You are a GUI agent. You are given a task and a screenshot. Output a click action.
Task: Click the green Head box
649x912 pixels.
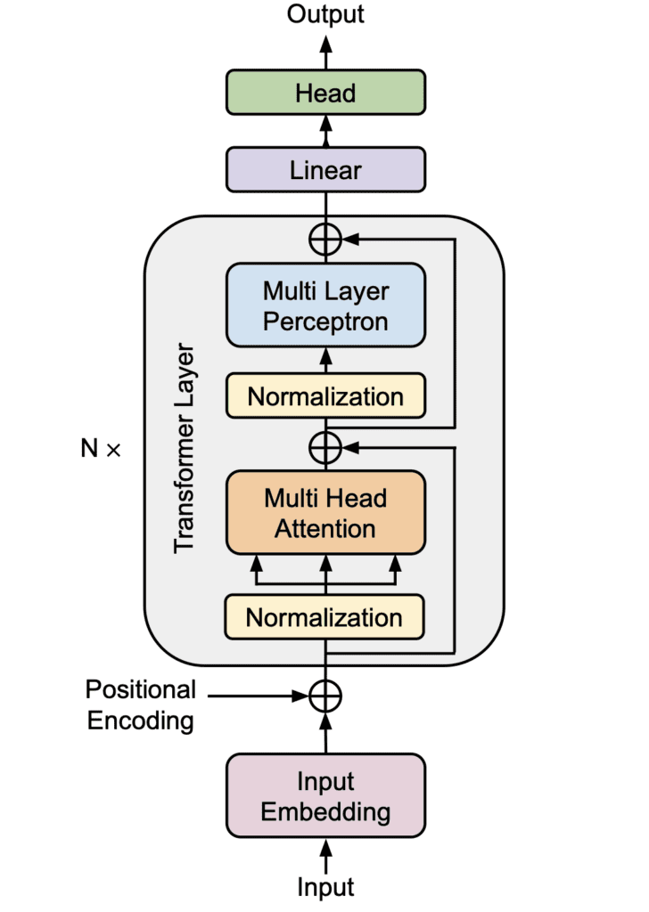[325, 93]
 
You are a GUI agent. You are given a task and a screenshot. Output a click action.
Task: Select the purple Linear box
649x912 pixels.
[325, 169]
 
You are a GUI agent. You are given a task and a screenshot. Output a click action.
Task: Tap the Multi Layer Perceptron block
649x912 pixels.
[325, 305]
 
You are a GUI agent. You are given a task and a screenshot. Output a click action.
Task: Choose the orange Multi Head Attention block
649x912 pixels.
[325, 513]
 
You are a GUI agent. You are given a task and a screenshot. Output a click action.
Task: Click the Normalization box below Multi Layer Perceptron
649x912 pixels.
[325, 396]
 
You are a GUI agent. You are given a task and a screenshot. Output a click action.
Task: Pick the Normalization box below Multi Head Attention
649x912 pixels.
[325, 617]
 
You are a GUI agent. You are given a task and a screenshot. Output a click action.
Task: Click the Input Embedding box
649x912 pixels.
[325, 797]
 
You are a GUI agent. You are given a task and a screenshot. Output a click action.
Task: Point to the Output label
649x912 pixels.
[325, 14]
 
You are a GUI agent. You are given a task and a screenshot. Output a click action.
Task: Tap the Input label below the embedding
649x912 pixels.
[325, 887]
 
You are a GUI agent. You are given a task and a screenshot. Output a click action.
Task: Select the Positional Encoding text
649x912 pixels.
[140, 704]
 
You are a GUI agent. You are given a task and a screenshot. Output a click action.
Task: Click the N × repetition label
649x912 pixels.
[100, 449]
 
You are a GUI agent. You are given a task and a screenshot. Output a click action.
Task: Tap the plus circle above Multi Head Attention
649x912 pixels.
[325, 444]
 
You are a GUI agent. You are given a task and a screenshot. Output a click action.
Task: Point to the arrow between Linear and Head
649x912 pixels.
[325, 131]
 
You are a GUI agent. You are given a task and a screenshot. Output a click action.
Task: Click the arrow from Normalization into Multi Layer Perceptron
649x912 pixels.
[325, 360]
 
